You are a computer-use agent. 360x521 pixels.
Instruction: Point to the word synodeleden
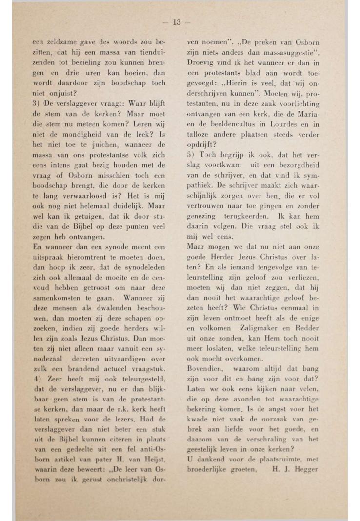[x=144, y=268]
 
